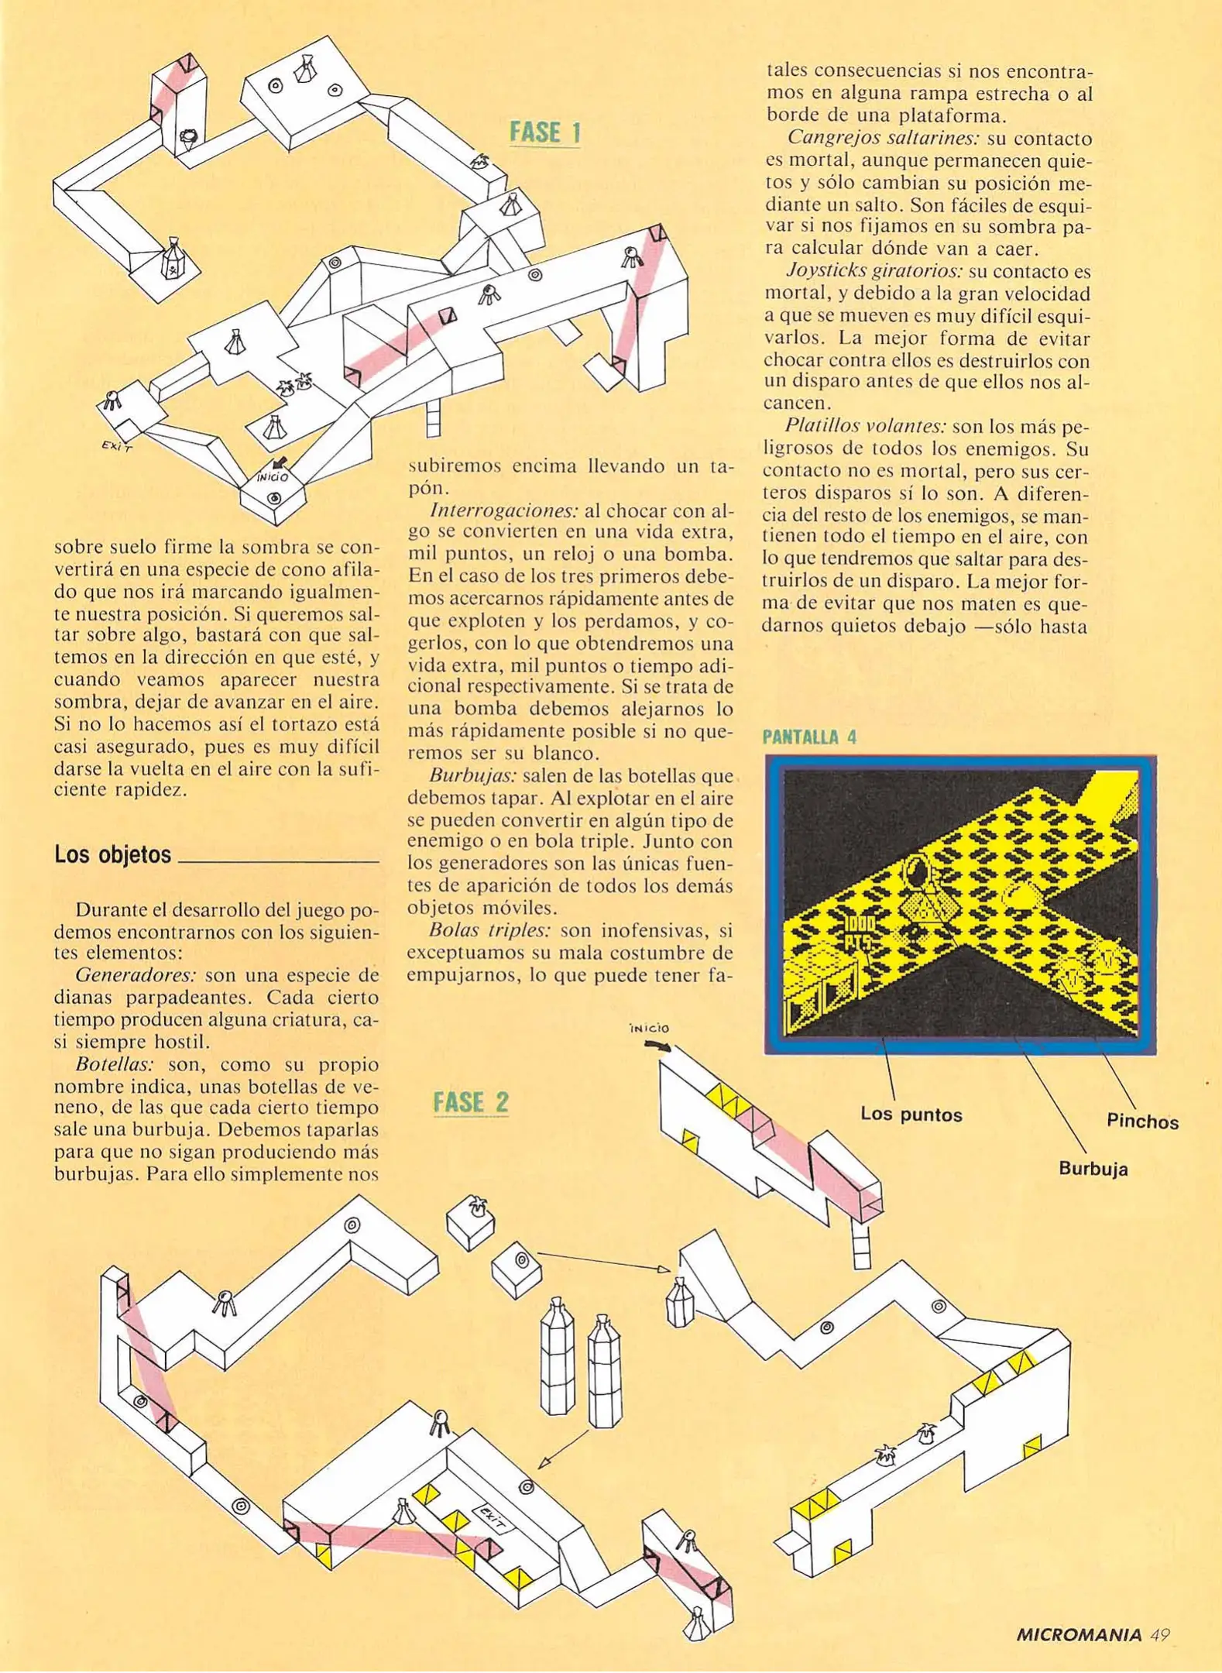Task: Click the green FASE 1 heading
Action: pyautogui.click(x=544, y=132)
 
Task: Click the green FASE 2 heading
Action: pyautogui.click(x=471, y=1102)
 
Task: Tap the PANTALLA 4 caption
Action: pyautogui.click(x=809, y=737)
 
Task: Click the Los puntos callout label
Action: pyautogui.click(x=911, y=1115)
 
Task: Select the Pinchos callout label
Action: pyautogui.click(x=1141, y=1121)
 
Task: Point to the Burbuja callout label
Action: pyautogui.click(x=1093, y=1169)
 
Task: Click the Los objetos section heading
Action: pyautogui.click(x=113, y=855)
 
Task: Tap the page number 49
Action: pyautogui.click(x=1159, y=1634)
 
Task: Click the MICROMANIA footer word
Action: pyautogui.click(x=1078, y=1635)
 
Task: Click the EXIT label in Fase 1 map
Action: pyautogui.click(x=117, y=446)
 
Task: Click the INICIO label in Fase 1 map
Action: pyautogui.click(x=273, y=476)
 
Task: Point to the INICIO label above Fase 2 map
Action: pyautogui.click(x=649, y=1029)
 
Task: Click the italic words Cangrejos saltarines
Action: pyautogui.click(x=874, y=139)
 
